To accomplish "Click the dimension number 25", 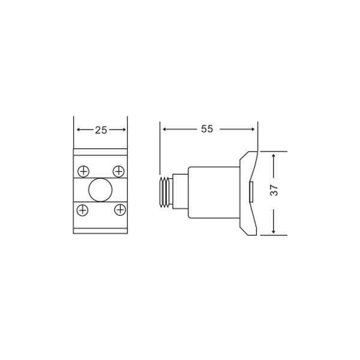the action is coord(101,130).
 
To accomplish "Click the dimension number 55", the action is coord(207,129).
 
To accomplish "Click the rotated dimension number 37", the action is coord(274,190).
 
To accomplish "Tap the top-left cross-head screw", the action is coord(83,172).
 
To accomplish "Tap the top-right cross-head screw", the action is coord(118,171).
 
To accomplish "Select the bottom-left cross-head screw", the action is coord(82,210).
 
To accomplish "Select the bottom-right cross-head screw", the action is coord(120,209).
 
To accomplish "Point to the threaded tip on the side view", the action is coord(166,193).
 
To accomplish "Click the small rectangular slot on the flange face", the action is coord(251,192).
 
